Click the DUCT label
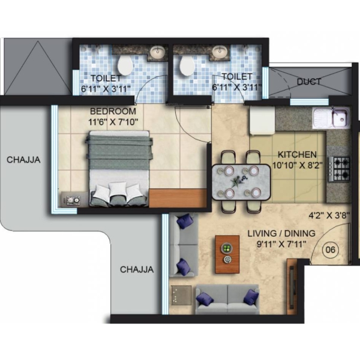tap(309, 82)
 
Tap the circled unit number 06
tap(331, 250)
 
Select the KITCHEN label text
tap(297, 155)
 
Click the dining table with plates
tap(241, 182)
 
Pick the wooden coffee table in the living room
tap(227, 254)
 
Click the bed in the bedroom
tap(119, 169)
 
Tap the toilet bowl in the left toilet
tap(125, 65)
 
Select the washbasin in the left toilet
tap(157, 52)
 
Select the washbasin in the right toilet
tap(220, 52)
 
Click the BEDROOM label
tap(113, 111)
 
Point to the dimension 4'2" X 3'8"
tap(329, 215)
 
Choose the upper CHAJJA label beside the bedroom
tap(23, 160)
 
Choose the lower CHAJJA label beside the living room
tap(137, 269)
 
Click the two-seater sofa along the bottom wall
tap(227, 299)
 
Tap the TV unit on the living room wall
tap(292, 284)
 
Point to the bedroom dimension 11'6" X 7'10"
tap(113, 122)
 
